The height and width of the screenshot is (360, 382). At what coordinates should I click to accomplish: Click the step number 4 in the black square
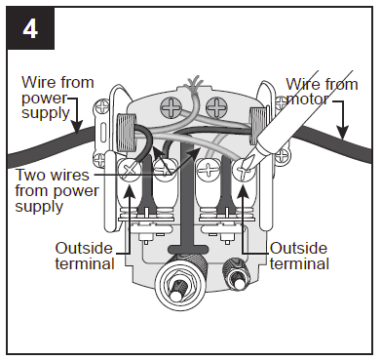30,30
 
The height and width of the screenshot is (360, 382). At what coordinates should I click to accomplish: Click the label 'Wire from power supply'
57,98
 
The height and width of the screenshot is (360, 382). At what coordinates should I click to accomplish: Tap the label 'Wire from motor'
322,92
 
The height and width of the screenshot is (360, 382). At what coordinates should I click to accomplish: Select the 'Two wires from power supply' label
57,190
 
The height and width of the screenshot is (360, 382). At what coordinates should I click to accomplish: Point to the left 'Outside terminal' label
85,256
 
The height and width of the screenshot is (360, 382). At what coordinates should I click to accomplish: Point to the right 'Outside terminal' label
299,256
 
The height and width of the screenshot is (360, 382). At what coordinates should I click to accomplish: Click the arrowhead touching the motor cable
342,133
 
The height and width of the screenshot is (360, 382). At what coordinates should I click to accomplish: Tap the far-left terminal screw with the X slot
130,170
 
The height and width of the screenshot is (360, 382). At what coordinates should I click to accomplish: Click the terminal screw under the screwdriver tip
244,169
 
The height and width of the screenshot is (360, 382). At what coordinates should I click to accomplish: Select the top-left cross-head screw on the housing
171,106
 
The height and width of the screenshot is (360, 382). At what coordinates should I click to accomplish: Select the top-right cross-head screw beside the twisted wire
216,106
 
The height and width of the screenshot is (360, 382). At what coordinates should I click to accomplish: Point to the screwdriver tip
248,163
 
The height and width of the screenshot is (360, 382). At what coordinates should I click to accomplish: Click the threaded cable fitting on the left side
126,133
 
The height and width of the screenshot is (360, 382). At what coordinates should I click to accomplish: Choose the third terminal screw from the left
209,170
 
